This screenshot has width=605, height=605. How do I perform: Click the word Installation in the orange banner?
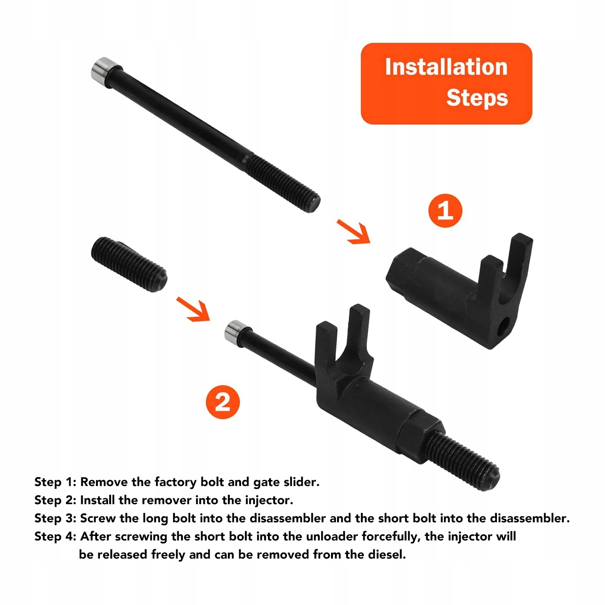click(x=446, y=67)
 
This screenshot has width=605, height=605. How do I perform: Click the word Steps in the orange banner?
click(x=477, y=98)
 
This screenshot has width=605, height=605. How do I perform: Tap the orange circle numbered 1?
click(x=445, y=210)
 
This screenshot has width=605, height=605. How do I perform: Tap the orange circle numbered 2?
click(x=223, y=402)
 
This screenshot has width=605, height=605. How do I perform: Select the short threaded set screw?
click(x=129, y=264)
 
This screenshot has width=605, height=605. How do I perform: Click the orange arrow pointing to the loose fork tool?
click(x=353, y=232)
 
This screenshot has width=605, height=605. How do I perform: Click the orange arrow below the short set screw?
click(x=193, y=309)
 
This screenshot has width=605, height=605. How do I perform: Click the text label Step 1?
click(x=56, y=482)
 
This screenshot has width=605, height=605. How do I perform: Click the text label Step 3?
click(x=56, y=518)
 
